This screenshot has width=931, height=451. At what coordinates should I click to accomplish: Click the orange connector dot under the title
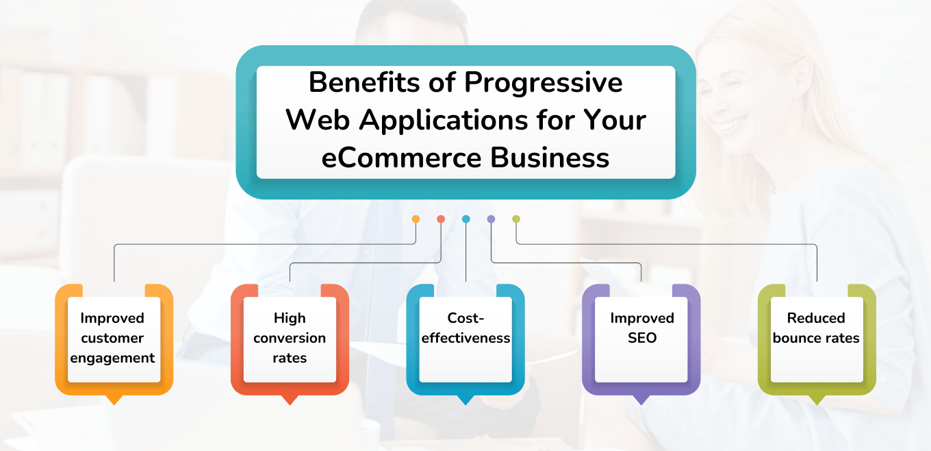point(416,219)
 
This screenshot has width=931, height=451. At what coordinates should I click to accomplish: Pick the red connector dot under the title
point(441,219)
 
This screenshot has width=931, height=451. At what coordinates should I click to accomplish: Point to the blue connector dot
point(466,219)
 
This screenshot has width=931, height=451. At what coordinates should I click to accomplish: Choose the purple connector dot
point(491,219)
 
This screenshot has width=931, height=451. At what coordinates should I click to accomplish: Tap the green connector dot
point(516,219)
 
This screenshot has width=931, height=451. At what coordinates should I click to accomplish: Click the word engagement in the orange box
point(114,358)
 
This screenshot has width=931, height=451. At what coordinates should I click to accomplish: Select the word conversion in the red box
point(290,338)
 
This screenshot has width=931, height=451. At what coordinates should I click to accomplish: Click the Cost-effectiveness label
point(465,328)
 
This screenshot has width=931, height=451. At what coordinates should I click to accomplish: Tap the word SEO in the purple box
point(641,338)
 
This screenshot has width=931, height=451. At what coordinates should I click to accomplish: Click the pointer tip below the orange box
point(114,400)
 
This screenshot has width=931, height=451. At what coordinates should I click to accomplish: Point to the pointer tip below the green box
point(817,400)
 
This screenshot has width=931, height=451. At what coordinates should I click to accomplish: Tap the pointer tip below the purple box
point(641,400)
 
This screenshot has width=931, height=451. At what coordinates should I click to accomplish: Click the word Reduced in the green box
point(816,318)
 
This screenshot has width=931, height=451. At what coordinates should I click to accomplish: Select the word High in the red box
point(290,318)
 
